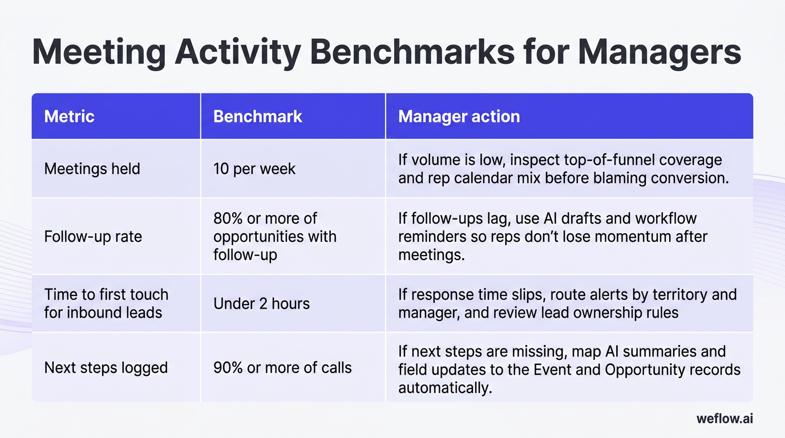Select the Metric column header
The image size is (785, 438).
(x=69, y=116)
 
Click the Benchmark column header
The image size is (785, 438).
(x=257, y=116)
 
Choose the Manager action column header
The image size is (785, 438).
(x=459, y=116)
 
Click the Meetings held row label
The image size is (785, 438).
(x=92, y=169)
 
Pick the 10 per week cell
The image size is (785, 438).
(x=254, y=169)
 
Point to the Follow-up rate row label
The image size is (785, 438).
(x=92, y=236)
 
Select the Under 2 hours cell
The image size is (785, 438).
(x=261, y=303)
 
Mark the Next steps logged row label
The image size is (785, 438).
(x=106, y=367)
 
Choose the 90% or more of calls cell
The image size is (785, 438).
(x=282, y=367)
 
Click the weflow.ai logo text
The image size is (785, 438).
(x=725, y=419)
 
